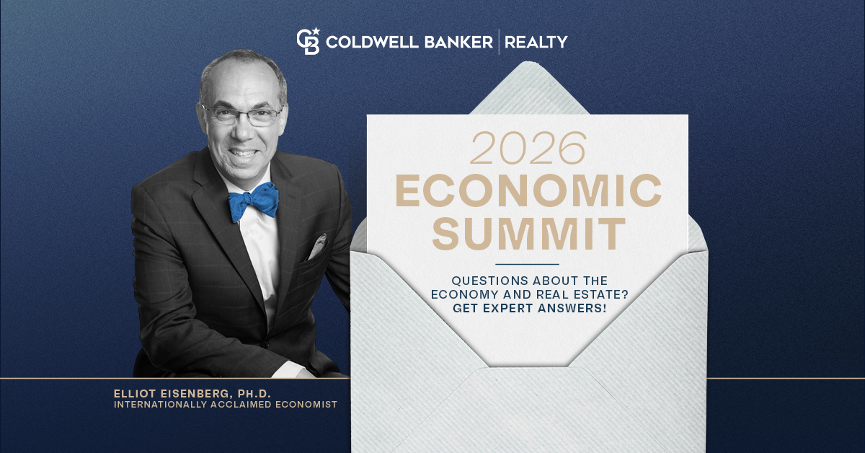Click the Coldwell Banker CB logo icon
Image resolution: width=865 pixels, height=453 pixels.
pos(307,41)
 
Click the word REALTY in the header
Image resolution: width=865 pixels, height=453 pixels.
pos(536,42)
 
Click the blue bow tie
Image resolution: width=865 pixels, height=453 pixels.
pos(253,200)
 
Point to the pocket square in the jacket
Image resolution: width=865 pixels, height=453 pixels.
pos(317,246)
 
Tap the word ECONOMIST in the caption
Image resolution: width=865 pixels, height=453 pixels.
pos(306,405)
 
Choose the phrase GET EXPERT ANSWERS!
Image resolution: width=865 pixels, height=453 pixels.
pos(528,307)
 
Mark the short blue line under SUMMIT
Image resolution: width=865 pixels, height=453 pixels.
pos(528,264)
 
